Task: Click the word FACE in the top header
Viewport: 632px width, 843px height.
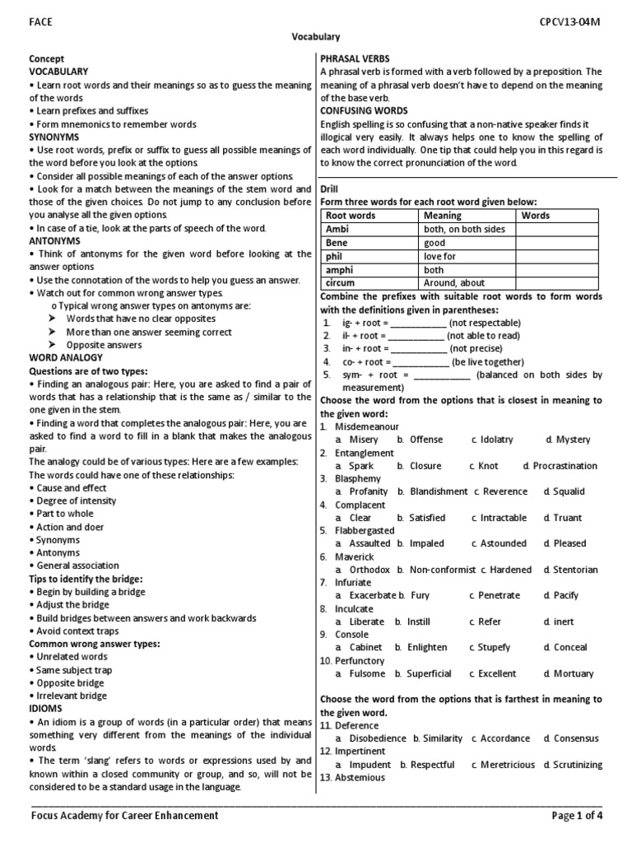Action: tap(40, 22)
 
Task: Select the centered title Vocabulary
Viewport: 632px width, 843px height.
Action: tap(316, 37)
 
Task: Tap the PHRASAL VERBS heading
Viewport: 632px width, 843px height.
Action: tap(355, 58)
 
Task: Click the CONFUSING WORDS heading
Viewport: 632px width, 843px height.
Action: tap(363, 110)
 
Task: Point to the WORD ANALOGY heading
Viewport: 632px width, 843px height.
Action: tap(66, 358)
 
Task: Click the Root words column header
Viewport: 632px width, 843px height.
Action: tap(351, 216)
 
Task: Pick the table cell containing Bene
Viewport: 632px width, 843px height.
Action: tap(337, 243)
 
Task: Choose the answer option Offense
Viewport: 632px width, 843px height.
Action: tap(425, 440)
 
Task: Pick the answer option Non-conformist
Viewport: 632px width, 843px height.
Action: tap(441, 570)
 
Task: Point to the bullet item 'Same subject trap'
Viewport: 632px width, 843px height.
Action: tap(74, 670)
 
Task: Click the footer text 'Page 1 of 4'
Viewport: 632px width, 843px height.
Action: tap(576, 816)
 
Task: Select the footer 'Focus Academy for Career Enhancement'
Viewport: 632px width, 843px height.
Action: tap(124, 816)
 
